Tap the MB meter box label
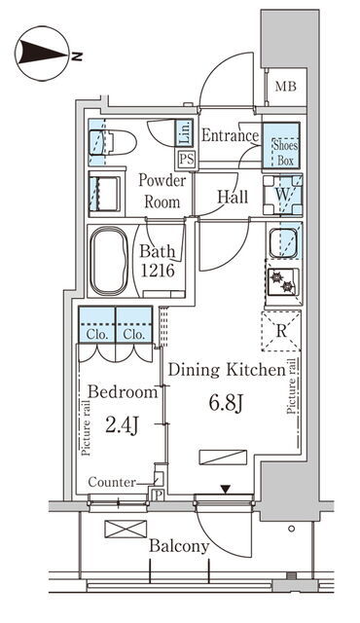[286, 87]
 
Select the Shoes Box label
[285, 153]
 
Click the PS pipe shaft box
[187, 160]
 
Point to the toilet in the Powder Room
[113, 142]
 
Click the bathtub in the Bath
[109, 261]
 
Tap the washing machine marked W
[282, 195]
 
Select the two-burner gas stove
[282, 281]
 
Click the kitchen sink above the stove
[282, 242]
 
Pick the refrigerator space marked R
[281, 331]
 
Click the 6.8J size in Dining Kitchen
[226, 404]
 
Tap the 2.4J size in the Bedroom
[122, 426]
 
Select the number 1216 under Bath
[158, 271]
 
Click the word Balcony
[179, 547]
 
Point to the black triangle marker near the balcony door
[226, 490]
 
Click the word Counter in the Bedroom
[112, 483]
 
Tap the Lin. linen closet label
[184, 132]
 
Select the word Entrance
[231, 135]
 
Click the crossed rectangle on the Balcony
[126, 530]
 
